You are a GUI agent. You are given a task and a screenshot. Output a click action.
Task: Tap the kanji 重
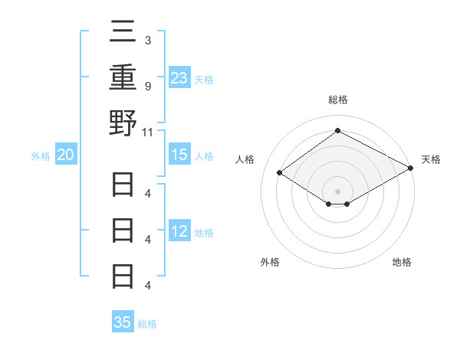(123, 80)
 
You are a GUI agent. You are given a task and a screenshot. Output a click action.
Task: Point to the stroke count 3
(147, 41)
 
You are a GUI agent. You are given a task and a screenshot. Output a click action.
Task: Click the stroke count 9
(147, 86)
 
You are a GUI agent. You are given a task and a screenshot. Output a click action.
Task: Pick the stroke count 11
(149, 132)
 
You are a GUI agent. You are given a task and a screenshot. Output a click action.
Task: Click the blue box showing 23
(179, 77)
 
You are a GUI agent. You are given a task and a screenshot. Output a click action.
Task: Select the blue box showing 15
(179, 155)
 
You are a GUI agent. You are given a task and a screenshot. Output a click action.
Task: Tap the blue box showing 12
(179, 232)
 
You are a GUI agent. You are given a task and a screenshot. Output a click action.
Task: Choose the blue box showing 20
(65, 155)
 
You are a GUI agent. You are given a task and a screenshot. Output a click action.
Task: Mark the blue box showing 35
(123, 322)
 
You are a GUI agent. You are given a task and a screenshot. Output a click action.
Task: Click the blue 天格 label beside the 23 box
(204, 79)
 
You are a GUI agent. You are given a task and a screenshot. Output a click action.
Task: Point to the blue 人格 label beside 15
(204, 156)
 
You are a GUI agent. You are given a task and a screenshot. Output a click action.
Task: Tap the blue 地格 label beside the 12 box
(204, 233)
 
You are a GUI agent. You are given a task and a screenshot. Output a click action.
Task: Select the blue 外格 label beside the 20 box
(41, 156)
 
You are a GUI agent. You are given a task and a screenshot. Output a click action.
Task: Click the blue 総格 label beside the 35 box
(147, 324)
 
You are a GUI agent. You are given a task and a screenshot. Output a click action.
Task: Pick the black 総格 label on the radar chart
(337, 100)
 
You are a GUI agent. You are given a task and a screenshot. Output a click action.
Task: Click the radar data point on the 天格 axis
(411, 169)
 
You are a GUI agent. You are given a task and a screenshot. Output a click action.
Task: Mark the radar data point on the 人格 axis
(280, 173)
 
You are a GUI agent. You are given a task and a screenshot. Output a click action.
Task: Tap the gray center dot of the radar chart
(337, 190)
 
